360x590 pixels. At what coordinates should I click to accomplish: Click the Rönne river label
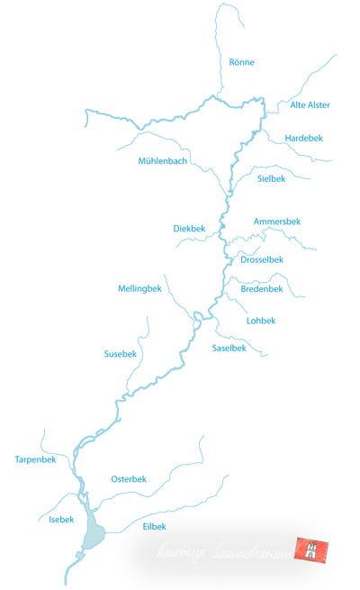coord(242,62)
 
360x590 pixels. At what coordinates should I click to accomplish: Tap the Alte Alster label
coord(310,105)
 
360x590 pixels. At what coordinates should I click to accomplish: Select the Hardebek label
coord(303,138)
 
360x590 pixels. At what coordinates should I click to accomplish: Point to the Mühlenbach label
coord(163,161)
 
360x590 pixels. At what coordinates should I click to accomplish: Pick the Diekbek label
coord(190,229)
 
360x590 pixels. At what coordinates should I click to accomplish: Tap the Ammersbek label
coord(277,221)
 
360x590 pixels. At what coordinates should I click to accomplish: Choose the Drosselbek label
coord(262,260)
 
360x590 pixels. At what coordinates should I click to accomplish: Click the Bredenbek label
coord(262,289)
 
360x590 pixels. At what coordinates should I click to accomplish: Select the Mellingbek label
coord(139,288)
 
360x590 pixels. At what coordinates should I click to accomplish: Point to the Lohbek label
coord(261,321)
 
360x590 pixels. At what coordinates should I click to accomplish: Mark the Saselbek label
coord(229,348)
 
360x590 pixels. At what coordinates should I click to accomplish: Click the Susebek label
coord(121,354)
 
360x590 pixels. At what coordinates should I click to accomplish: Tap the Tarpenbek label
coord(36,459)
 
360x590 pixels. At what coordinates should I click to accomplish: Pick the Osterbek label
coord(128,479)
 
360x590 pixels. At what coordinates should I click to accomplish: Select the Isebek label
coord(49,520)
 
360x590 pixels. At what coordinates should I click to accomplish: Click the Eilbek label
coord(155,526)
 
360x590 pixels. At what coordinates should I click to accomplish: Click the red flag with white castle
coord(318,550)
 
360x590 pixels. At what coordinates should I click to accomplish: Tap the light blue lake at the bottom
coord(93,534)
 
